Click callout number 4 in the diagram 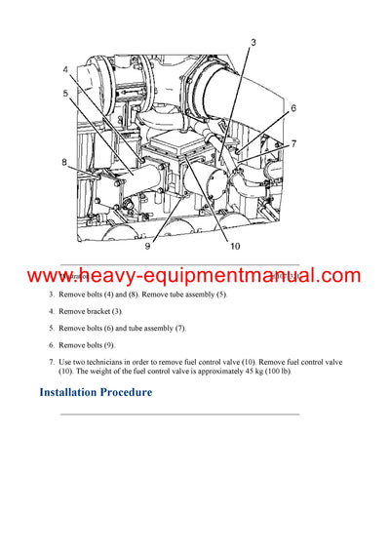[65, 70]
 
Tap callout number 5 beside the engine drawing [65, 93]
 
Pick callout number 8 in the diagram [65, 162]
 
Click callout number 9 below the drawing [147, 246]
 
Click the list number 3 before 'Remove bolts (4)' [52, 294]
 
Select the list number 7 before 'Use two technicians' [52, 362]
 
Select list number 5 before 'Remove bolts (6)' [52, 328]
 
